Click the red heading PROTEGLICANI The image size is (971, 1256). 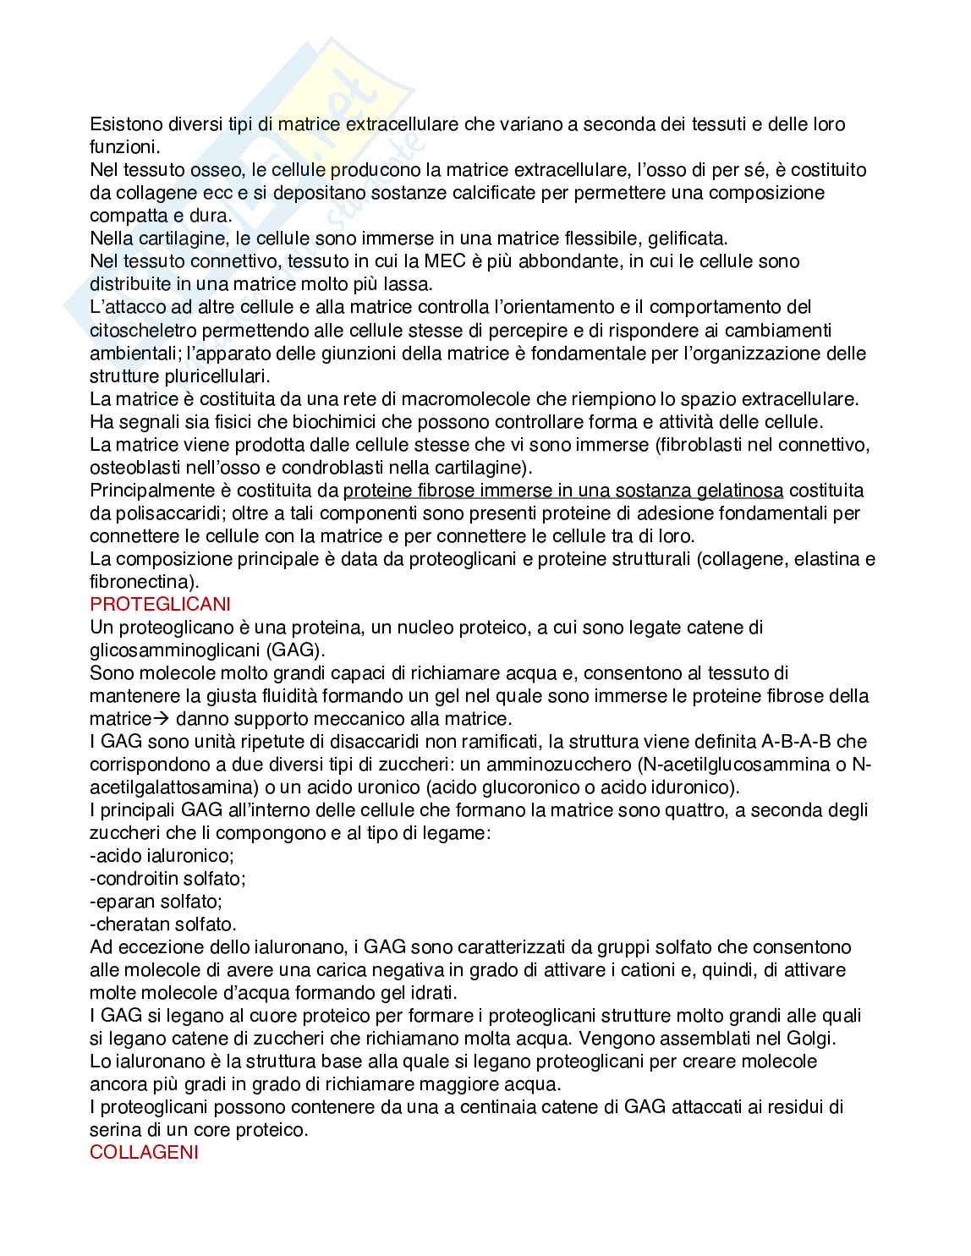[160, 605]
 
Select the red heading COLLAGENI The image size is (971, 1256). [144, 1152]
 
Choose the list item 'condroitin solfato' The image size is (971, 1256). [167, 879]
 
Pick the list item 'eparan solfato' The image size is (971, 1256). [156, 902]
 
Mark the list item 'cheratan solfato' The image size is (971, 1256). [163, 924]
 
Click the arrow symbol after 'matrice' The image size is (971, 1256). [161, 720]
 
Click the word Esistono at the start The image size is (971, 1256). [124, 124]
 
